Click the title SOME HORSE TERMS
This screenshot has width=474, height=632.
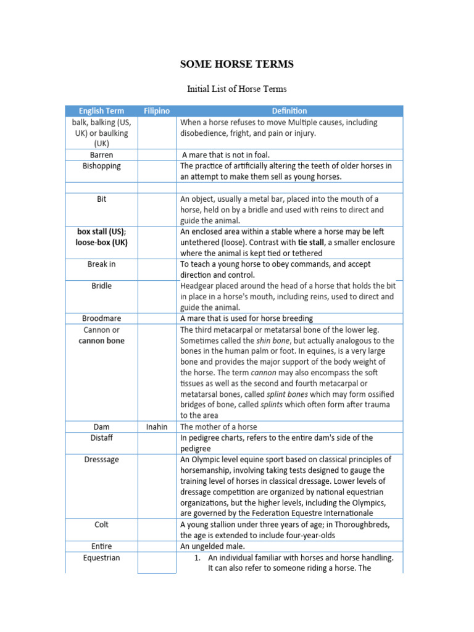[x=236, y=64]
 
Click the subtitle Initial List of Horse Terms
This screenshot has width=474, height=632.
[x=237, y=89]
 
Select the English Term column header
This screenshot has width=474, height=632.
[x=101, y=111]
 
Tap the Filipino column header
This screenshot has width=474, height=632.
[x=157, y=111]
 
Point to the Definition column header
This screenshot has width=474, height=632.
[x=289, y=111]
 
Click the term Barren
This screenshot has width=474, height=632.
[x=101, y=155]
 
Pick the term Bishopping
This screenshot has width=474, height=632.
[x=101, y=166]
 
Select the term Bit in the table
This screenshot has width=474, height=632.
[x=101, y=199]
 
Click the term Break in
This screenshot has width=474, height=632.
[x=101, y=264]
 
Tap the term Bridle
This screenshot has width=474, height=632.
[x=101, y=286]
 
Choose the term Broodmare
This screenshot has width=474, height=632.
[x=101, y=318]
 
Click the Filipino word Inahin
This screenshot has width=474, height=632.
[x=157, y=426]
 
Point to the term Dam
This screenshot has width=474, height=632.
[x=101, y=426]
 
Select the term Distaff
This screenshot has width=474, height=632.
[x=101, y=438]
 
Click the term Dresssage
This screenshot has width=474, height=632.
[x=101, y=460]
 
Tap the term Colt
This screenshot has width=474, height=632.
[x=101, y=525]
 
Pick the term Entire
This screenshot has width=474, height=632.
[x=101, y=547]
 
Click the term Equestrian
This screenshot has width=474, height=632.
[x=101, y=558]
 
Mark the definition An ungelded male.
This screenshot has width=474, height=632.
[x=213, y=547]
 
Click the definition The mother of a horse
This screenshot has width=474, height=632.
[x=218, y=426]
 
